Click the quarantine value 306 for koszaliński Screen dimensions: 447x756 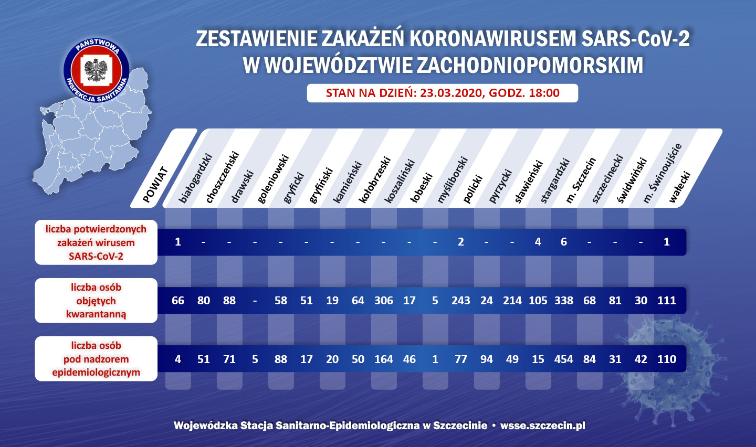(x=383, y=301)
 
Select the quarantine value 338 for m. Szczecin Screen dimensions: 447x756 (x=563, y=301)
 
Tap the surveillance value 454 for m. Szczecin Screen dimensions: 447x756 (x=563, y=359)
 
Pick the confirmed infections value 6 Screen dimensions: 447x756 (x=563, y=242)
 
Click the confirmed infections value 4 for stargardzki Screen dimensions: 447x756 (x=538, y=242)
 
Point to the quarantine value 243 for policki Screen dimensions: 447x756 (x=460, y=301)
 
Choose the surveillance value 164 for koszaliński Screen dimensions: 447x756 (x=383, y=359)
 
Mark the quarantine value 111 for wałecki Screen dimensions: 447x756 (x=666, y=301)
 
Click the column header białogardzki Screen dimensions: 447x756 (x=195, y=178)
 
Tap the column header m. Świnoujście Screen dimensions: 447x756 (x=662, y=174)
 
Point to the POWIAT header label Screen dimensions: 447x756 (x=155, y=185)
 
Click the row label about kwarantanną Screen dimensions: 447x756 (x=96, y=301)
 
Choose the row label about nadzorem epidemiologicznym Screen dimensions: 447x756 (x=96, y=359)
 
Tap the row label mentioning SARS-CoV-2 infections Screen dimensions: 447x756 (x=96, y=242)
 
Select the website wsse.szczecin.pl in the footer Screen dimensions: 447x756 (x=542, y=425)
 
